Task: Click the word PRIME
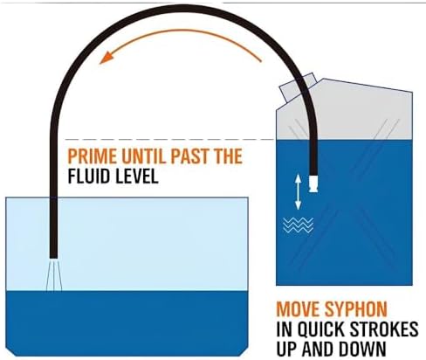click(x=93, y=156)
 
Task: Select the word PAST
click(x=191, y=156)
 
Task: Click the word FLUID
click(x=88, y=176)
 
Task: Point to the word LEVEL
click(x=135, y=176)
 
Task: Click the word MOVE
click(x=298, y=309)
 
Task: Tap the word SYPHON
click(x=356, y=309)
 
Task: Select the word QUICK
click(x=320, y=329)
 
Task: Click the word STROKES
click(x=383, y=329)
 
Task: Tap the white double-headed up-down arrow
click(x=298, y=191)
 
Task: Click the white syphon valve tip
click(x=313, y=183)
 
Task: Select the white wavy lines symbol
click(x=298, y=225)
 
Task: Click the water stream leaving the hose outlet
click(x=54, y=274)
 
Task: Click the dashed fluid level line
click(x=169, y=140)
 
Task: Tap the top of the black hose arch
click(x=182, y=9)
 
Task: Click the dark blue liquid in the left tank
click(x=127, y=322)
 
